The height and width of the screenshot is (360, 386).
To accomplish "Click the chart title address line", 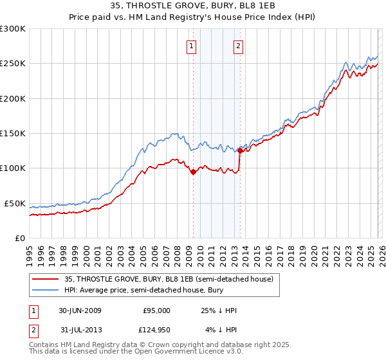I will (193, 6).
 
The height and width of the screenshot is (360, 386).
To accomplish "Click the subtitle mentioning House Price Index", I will (193, 17).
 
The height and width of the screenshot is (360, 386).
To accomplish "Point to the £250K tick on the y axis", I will (13, 64).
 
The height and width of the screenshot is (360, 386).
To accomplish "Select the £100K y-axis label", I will (13, 168).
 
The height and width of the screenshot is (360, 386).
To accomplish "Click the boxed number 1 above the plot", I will (192, 46).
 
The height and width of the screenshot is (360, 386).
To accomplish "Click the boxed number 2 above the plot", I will (238, 46).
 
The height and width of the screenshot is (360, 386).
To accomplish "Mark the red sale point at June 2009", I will (194, 172).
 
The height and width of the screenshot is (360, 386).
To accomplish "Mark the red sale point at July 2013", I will (240, 151).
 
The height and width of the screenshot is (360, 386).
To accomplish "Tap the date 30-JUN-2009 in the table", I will (80, 310).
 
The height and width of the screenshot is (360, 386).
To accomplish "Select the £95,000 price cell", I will (156, 310).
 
